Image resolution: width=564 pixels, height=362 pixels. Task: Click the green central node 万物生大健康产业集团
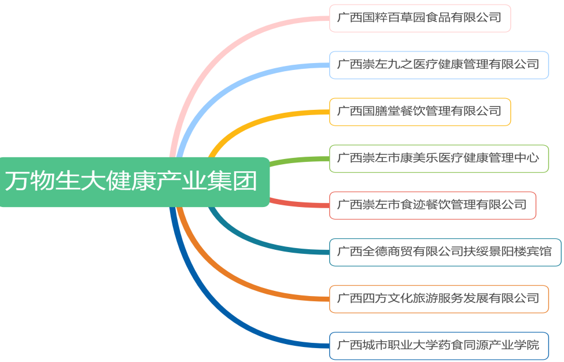pyautogui.click(x=133, y=182)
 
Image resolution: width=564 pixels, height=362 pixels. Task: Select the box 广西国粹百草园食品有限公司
pyautogui.click(x=419, y=18)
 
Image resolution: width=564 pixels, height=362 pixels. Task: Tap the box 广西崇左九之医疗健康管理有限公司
pyautogui.click(x=438, y=65)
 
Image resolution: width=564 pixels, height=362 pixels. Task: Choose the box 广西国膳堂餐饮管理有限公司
pyautogui.click(x=419, y=112)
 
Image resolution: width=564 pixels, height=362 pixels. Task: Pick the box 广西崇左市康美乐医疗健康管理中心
pyautogui.click(x=438, y=158)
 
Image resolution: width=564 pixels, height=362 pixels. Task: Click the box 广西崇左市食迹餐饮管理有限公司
pyautogui.click(x=432, y=205)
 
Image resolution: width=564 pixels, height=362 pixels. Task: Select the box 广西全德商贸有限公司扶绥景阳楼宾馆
pyautogui.click(x=445, y=252)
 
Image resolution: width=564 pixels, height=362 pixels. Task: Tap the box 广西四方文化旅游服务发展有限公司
pyautogui.click(x=438, y=299)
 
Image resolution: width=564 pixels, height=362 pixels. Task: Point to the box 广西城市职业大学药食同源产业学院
pyautogui.click(x=438, y=346)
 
